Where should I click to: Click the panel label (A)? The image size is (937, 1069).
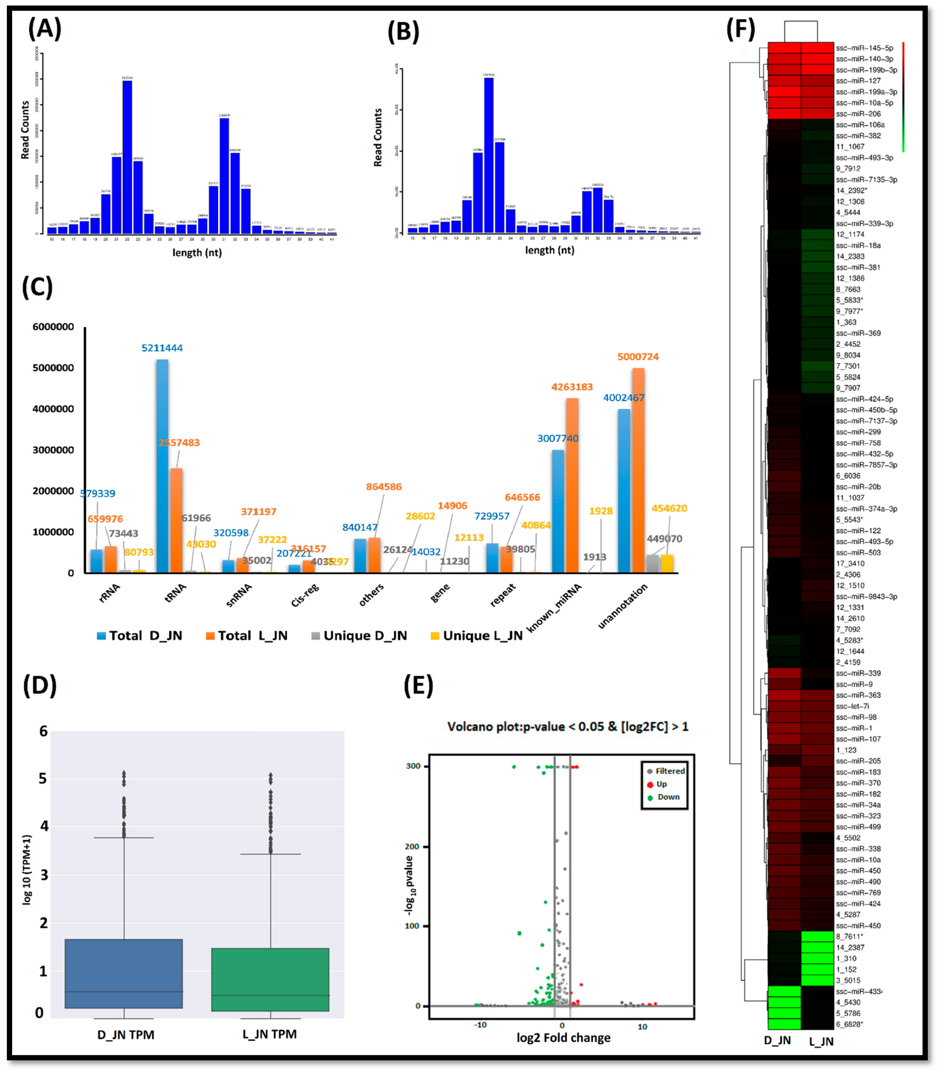[44, 29]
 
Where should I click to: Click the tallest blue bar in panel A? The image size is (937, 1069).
[127, 157]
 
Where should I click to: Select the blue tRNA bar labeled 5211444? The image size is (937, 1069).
[162, 465]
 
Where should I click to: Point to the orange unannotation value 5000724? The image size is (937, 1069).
[638, 357]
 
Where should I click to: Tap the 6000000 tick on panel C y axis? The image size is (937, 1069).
[53, 327]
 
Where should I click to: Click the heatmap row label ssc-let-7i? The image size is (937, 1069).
[852, 706]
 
